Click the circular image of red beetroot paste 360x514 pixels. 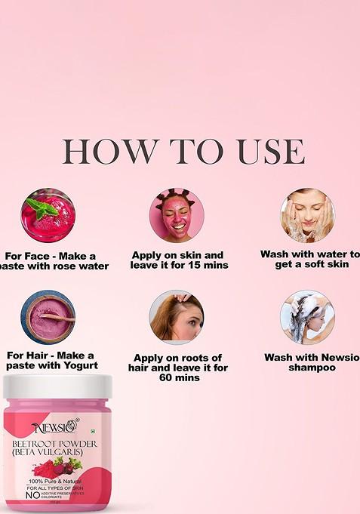pyautogui.click(x=48, y=215)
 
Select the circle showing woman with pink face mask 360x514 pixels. pyautogui.click(x=177, y=215)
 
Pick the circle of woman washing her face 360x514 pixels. pyautogui.click(x=307, y=215)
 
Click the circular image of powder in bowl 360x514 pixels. pyautogui.click(x=48, y=316)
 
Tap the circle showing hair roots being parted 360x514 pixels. pyautogui.click(x=177, y=317)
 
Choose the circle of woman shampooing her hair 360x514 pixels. pyautogui.click(x=307, y=317)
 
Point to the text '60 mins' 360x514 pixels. pyautogui.click(x=177, y=377)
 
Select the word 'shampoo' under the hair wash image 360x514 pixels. pyautogui.click(x=312, y=368)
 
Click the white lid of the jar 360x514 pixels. pyautogui.click(x=57, y=386)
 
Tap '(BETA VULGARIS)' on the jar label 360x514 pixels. pyautogui.click(x=48, y=454)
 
